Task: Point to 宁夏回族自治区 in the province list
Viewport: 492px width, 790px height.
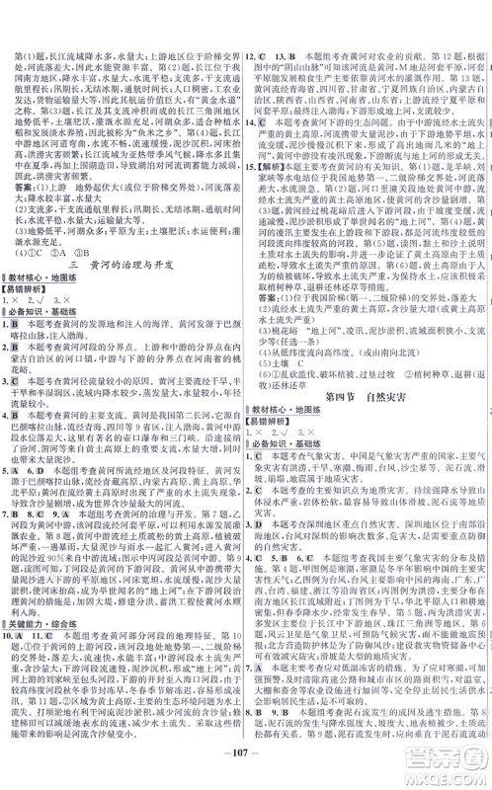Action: (x=399, y=83)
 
